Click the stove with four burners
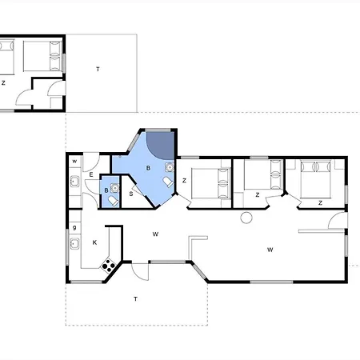pos(109,266)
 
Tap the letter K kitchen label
pos(94,242)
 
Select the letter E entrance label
pos(91,175)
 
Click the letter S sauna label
pos(131,194)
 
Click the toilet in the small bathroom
pos(114,201)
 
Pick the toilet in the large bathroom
pos(168,182)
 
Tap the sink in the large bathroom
pos(170,167)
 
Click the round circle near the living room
pos(246,218)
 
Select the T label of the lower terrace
pos(135,299)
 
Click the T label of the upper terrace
pos(98,70)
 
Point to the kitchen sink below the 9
pos(74,243)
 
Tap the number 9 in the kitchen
pos(74,227)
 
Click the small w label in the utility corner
pos(74,161)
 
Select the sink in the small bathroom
pos(114,188)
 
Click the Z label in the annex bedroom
pos(3,83)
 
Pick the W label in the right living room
pos(270,250)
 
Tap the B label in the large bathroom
pos(148,168)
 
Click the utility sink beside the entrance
pos(74,182)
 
